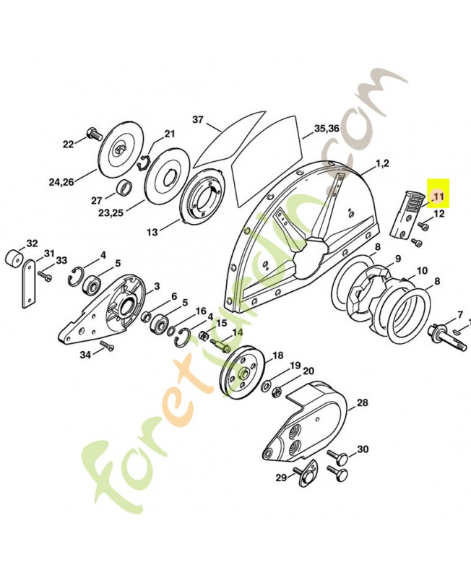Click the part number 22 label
coord(69,144)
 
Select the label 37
coord(199,119)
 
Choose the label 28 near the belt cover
coord(363,402)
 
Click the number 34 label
coord(85,354)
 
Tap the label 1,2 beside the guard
coord(381,164)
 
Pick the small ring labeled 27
coord(124,189)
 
